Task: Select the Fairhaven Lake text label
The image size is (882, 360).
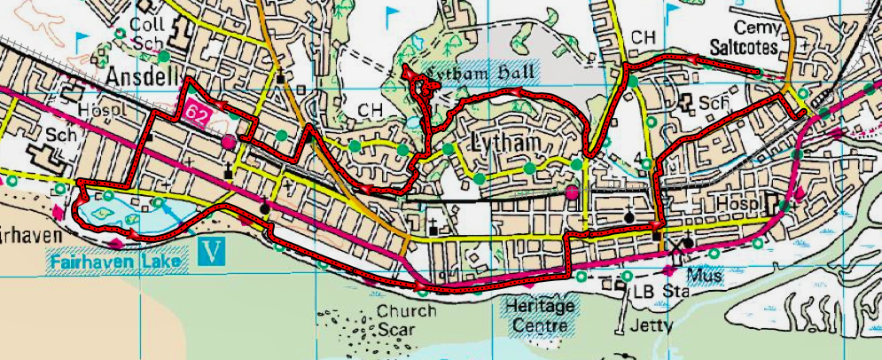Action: (119, 262)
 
